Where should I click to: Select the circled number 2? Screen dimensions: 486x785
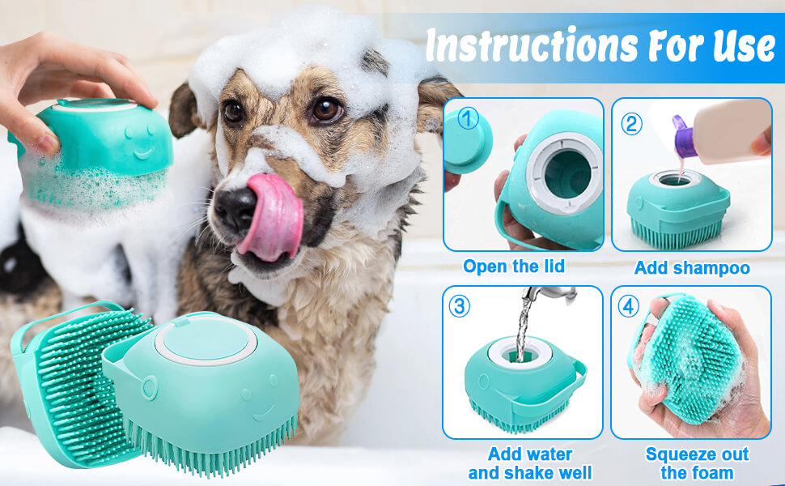[631, 124]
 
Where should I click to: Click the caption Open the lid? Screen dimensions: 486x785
[514, 266]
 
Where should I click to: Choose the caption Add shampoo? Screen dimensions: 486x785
[692, 267]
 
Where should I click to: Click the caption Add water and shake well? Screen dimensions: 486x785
[529, 463]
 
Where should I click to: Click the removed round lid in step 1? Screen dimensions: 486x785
[467, 142]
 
